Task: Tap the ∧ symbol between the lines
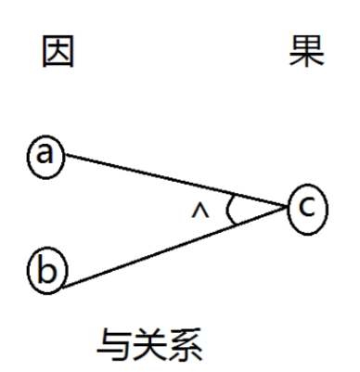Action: pos(198,212)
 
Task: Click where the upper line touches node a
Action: pos(65,155)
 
